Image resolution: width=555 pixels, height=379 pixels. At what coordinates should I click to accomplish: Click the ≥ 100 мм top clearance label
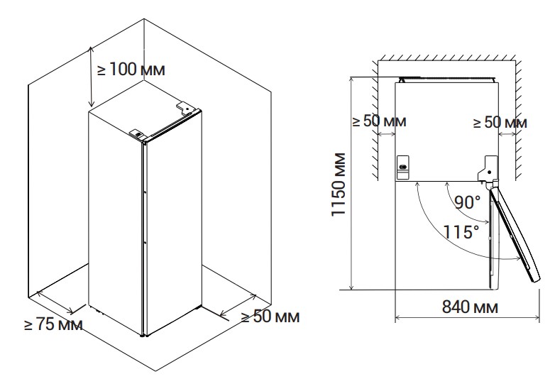pos(131,69)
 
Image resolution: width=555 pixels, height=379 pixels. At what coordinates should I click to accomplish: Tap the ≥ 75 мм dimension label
pos(53,324)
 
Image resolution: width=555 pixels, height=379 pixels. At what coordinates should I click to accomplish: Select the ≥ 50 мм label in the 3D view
pos(270,316)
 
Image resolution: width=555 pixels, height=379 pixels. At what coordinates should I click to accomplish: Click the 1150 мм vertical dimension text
pos(339,184)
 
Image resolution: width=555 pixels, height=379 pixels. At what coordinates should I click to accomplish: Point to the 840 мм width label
pos(470,307)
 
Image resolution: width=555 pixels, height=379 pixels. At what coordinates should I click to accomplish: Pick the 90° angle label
pos(468,202)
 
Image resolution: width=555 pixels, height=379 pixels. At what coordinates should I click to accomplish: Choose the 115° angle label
pos(461,232)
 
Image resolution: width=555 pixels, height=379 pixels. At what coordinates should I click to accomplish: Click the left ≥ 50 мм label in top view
pos(380,121)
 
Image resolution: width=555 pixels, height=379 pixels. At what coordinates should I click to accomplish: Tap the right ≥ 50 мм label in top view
pos(500,123)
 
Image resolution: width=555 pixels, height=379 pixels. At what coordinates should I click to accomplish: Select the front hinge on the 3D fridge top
pos(137,133)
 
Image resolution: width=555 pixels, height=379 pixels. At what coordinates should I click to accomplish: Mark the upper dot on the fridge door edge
pos(145,192)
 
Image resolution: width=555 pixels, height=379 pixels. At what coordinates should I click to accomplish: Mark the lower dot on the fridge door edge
pos(145,243)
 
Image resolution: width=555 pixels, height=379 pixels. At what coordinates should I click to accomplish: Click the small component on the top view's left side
pos(403,167)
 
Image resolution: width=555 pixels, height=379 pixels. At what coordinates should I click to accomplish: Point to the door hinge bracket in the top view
pos(488,169)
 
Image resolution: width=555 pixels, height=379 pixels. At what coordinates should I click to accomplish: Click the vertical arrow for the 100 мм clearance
pos(92,77)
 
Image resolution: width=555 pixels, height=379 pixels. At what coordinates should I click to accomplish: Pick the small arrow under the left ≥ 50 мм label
pos(387,133)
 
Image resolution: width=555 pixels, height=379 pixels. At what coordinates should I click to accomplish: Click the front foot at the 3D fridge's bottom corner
pos(142,335)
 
